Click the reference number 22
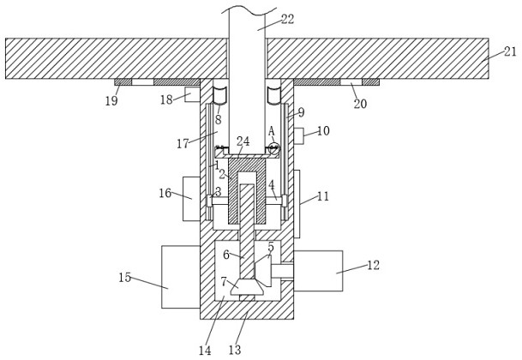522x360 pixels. tap(288, 20)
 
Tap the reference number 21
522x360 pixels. tap(510, 51)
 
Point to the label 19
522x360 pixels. tap(111, 100)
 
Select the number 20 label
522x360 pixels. tap(360, 104)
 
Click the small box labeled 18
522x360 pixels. tap(192, 94)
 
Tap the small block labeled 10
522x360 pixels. tap(298, 136)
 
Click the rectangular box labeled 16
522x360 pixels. tap(191, 199)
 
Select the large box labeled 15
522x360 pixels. tap(181, 277)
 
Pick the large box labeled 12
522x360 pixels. tap(318, 271)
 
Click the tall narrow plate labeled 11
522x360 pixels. tap(297, 204)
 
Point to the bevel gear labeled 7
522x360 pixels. tap(248, 288)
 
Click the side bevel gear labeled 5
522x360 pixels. tap(263, 270)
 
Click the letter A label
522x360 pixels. tap(272, 131)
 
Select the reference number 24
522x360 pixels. tap(243, 141)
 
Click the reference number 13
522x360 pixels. tap(235, 350)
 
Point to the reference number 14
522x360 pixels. tap(205, 351)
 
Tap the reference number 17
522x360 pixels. tap(183, 143)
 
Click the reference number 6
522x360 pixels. tap(226, 255)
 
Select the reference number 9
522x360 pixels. tap(301, 112)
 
